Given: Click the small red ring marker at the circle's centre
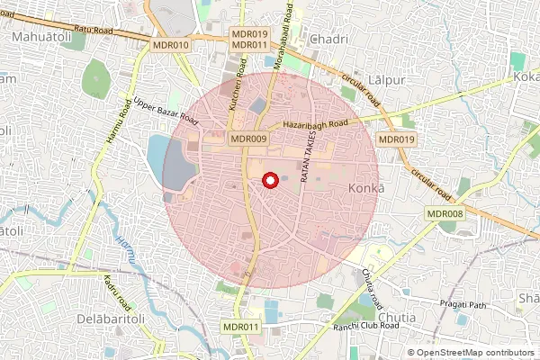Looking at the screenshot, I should pos(268,183).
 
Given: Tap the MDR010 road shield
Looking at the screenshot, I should pos(171,45).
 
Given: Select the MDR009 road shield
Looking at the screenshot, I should pos(248,139).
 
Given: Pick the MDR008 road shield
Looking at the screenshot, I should pos(445,213).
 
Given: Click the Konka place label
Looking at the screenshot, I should pos(365,188).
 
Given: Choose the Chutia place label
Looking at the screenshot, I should pos(396,318).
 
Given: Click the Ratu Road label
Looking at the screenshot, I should pos(94,31).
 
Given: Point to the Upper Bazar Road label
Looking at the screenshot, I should pos(165,112).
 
